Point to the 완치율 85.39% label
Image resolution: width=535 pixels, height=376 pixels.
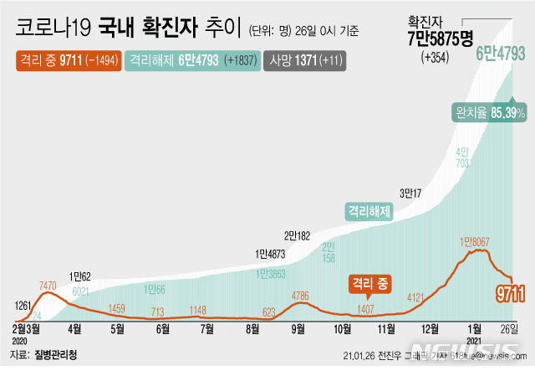point(488,111)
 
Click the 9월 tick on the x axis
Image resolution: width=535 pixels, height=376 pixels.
point(297,327)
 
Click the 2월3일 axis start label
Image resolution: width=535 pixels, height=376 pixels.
point(28,327)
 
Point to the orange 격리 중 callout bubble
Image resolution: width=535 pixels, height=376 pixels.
point(369,284)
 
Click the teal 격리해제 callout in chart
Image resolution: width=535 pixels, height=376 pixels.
point(369,212)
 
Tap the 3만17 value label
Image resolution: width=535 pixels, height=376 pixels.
point(410,193)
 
